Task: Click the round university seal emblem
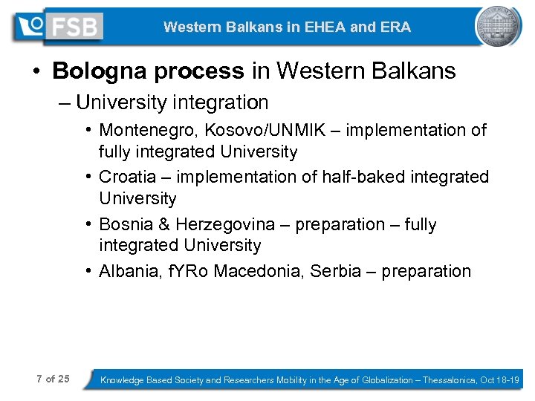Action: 499,27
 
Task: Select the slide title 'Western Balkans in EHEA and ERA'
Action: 287,27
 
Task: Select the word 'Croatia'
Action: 127,177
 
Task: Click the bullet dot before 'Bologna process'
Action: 36,72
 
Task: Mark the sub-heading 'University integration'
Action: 172,102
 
